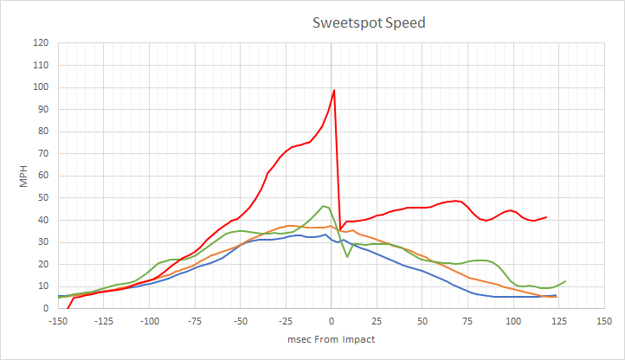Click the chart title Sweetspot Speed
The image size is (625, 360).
(x=369, y=22)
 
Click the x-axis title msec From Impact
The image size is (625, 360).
(x=332, y=339)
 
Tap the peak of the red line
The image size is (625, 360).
(x=334, y=90)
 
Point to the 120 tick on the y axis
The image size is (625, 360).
(x=41, y=43)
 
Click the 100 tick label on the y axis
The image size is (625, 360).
(x=41, y=87)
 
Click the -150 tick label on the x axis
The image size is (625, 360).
(x=59, y=321)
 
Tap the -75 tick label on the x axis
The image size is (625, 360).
(x=195, y=321)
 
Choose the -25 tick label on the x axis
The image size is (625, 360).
(x=286, y=321)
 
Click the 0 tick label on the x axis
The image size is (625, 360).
(x=332, y=321)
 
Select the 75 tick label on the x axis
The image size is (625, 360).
(x=468, y=321)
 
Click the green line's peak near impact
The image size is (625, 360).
(x=324, y=206)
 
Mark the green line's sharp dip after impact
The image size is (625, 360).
(x=347, y=256)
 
